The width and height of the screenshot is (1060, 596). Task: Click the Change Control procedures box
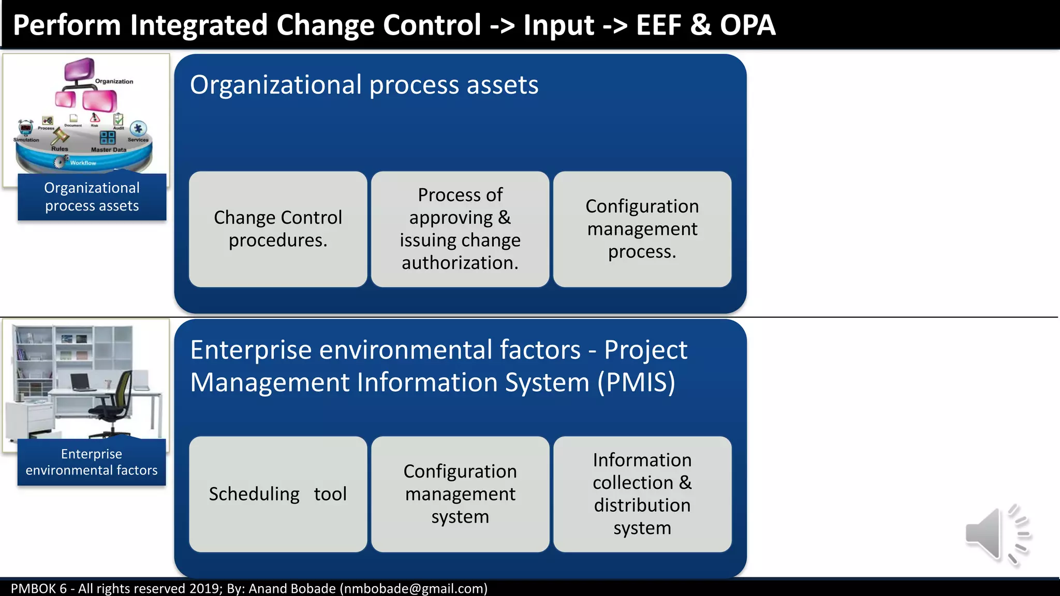point(278,229)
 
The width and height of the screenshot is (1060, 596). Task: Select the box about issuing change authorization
point(460,229)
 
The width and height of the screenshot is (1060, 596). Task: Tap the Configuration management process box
point(642,229)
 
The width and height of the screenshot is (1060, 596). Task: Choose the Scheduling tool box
point(278,494)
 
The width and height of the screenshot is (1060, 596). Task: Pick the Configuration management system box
point(460,494)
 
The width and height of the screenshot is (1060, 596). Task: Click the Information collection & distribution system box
point(642,494)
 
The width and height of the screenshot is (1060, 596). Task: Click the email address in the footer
point(414,588)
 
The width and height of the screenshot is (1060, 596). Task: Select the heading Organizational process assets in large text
point(364,85)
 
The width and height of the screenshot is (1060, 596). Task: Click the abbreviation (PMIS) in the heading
point(636,382)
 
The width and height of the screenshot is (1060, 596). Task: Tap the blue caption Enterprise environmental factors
point(92,462)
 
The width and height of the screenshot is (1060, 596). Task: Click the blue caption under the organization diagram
point(92,197)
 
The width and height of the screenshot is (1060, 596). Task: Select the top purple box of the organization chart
point(79,69)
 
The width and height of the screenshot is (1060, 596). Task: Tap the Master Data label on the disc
point(108,150)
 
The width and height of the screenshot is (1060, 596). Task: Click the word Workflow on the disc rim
point(83,163)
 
